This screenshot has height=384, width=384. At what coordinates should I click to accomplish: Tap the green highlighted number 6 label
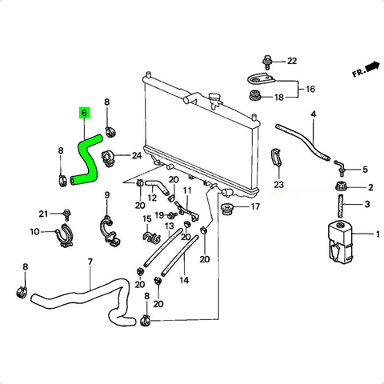[x=84, y=113]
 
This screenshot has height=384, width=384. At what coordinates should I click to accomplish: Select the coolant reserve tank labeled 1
[x=340, y=242]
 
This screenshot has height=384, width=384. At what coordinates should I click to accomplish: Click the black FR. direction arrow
[x=373, y=66]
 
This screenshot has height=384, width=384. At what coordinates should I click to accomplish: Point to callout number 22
[x=292, y=61]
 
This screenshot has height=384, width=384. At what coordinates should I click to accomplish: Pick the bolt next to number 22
[x=266, y=62]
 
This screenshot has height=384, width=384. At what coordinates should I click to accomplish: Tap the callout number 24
[x=137, y=155]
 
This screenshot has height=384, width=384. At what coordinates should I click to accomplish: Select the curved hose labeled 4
[x=302, y=142]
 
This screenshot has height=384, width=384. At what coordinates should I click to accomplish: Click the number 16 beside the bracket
[x=310, y=89]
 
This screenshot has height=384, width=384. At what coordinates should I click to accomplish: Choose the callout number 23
[x=278, y=184]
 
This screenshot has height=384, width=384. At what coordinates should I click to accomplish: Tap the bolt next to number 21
[x=66, y=215]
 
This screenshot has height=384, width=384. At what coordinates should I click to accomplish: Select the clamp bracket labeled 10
[x=64, y=234]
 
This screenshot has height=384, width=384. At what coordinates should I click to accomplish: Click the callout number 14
[x=184, y=280]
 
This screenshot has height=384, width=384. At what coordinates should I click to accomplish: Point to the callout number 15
[x=147, y=219]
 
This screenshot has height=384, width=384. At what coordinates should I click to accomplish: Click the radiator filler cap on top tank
[x=214, y=99]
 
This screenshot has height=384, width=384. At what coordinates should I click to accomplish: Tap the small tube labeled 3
[x=341, y=206]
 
